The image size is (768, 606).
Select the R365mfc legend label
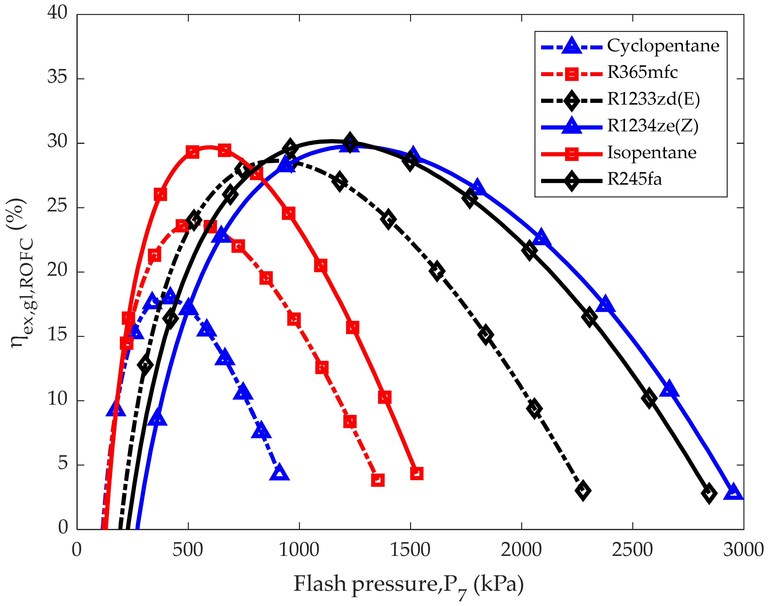(642, 73)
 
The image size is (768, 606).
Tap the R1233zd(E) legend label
(653, 99)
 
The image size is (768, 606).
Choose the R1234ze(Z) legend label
(652, 126)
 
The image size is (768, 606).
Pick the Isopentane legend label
(651, 153)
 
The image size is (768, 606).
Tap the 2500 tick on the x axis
(632, 550)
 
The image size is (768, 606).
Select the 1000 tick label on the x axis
(299, 550)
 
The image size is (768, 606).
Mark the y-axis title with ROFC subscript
(21, 273)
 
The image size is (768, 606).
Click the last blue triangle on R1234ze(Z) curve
(733, 493)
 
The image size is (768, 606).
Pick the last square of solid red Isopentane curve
(416, 473)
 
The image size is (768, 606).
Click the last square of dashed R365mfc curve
(378, 480)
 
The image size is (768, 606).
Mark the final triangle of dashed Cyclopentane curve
(279, 473)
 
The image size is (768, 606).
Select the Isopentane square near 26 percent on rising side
(160, 194)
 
